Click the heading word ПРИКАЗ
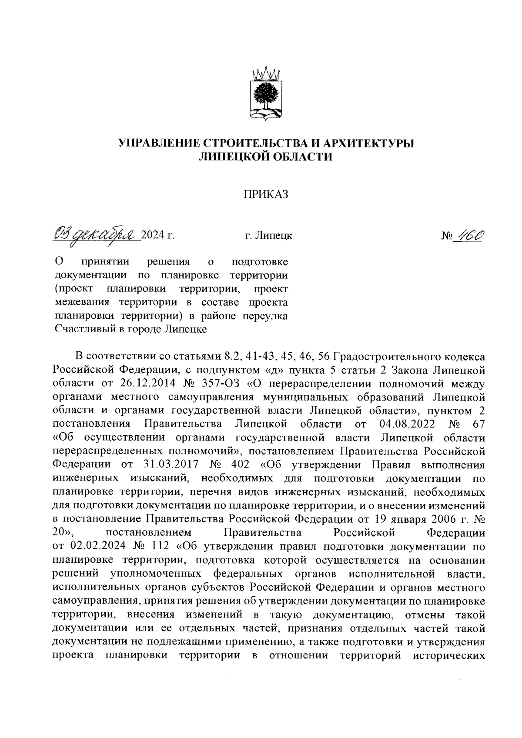[x=266, y=195]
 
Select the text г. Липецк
[x=268, y=236]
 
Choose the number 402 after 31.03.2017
[x=241, y=465]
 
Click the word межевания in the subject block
[x=79, y=302]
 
